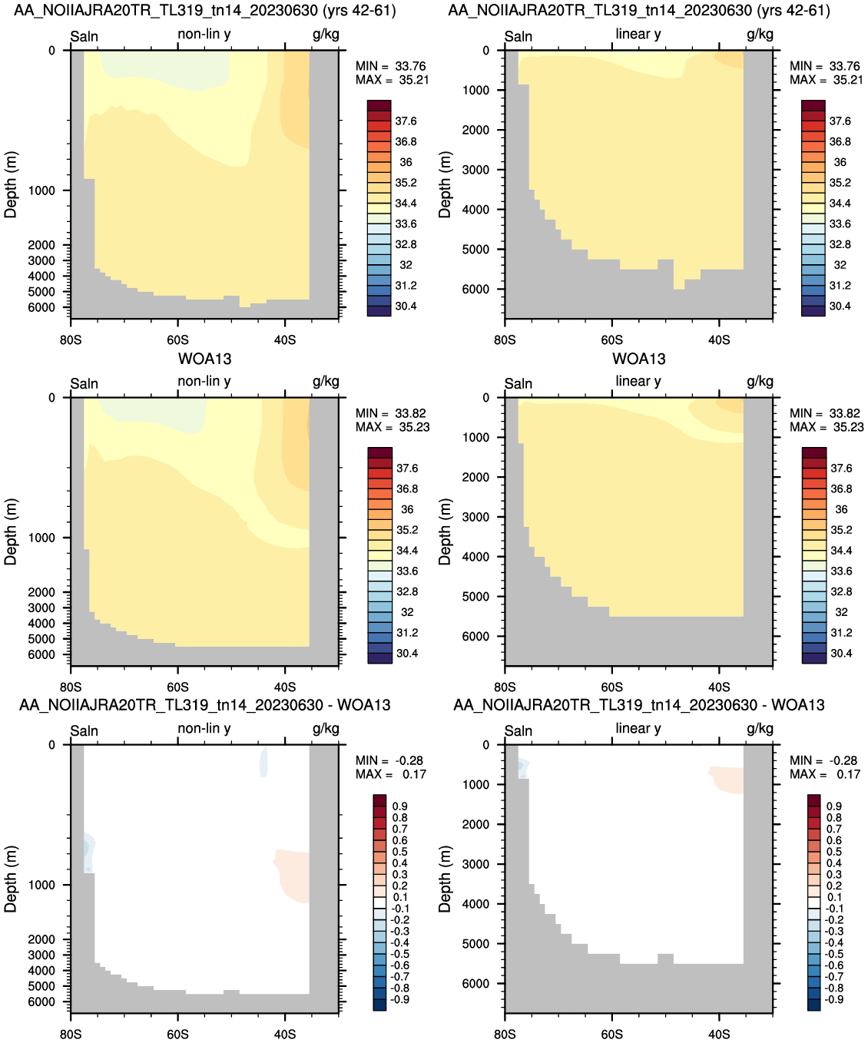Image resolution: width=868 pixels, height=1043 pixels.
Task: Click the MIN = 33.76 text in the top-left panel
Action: (x=391, y=66)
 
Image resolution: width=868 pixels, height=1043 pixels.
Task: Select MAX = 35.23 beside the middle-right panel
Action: (x=827, y=427)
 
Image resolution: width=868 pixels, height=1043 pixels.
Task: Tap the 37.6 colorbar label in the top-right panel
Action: (x=840, y=121)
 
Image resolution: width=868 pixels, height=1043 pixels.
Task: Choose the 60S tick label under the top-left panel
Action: (x=178, y=340)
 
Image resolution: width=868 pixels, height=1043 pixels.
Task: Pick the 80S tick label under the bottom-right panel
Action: (x=505, y=1035)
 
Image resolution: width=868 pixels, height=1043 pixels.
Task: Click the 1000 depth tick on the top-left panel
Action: (x=41, y=190)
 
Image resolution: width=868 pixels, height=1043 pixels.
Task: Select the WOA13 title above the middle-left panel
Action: (x=204, y=359)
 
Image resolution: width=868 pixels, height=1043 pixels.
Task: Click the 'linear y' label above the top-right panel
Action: (x=638, y=34)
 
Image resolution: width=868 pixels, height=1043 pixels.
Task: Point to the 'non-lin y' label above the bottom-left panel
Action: (x=204, y=729)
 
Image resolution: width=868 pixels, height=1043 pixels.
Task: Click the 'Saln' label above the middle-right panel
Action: (x=518, y=383)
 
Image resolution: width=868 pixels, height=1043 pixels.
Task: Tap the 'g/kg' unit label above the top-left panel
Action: (x=326, y=35)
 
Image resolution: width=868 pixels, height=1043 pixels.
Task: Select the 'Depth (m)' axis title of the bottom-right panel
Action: (x=444, y=879)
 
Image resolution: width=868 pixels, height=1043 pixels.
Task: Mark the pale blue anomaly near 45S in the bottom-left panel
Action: (x=263, y=762)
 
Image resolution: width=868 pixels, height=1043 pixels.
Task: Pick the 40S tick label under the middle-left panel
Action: (x=285, y=687)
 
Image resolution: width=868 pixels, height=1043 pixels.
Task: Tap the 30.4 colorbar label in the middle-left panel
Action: (x=407, y=654)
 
